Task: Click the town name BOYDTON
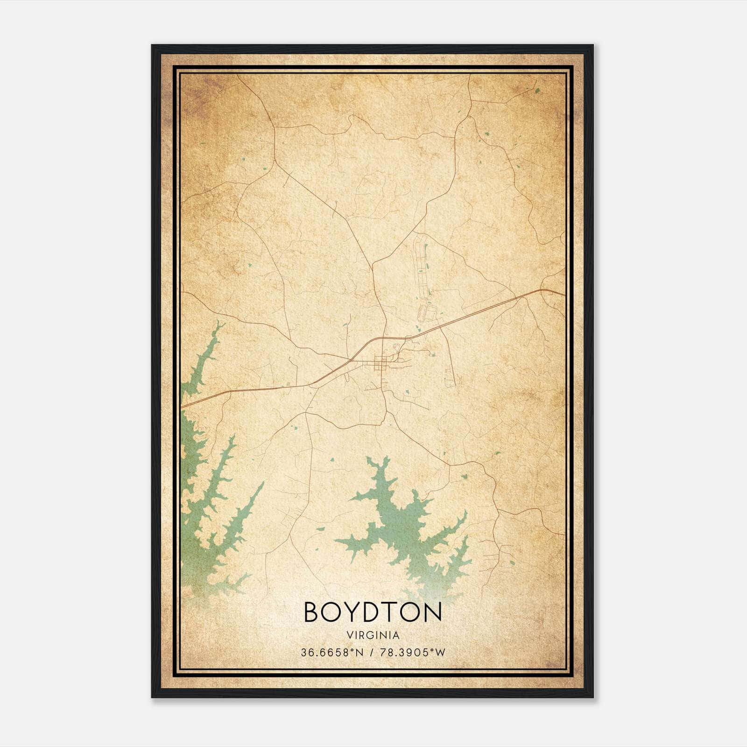373,612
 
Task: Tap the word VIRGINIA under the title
373,635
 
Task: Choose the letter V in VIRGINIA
349,635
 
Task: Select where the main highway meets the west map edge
182,407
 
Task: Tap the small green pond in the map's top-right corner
537,91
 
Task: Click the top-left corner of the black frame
153,46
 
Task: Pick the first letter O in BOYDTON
332,612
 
